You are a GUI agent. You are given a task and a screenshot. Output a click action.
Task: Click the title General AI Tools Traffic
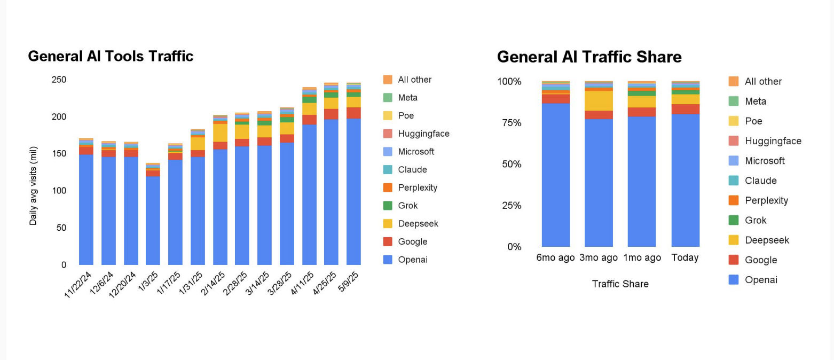coord(111,56)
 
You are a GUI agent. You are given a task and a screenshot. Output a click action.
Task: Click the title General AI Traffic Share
coord(589,57)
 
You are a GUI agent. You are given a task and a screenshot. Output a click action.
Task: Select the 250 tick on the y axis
coord(59,80)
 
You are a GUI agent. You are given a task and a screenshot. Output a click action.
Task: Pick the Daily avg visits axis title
coord(34,185)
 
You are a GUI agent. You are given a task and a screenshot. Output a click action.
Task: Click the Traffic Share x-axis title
coord(620,284)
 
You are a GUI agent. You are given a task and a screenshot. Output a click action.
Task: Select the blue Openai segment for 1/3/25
coord(153,220)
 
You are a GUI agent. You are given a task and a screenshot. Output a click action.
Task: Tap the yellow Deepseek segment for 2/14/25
coord(220,132)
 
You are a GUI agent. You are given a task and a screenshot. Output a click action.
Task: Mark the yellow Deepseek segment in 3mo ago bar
coord(599,100)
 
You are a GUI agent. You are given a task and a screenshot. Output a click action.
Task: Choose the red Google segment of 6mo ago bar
coord(555,98)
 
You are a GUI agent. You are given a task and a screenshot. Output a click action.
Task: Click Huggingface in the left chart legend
coord(423,134)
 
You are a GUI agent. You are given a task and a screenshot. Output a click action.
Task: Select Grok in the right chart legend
coord(756,220)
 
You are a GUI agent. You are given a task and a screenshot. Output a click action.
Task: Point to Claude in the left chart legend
coord(412,170)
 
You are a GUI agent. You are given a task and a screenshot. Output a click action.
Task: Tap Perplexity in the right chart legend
coord(766,200)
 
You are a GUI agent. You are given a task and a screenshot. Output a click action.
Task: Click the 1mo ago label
coord(642,257)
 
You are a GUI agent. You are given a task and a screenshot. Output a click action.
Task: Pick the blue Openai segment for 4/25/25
coord(331,192)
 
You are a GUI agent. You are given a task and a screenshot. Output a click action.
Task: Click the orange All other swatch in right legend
coord(734,81)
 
